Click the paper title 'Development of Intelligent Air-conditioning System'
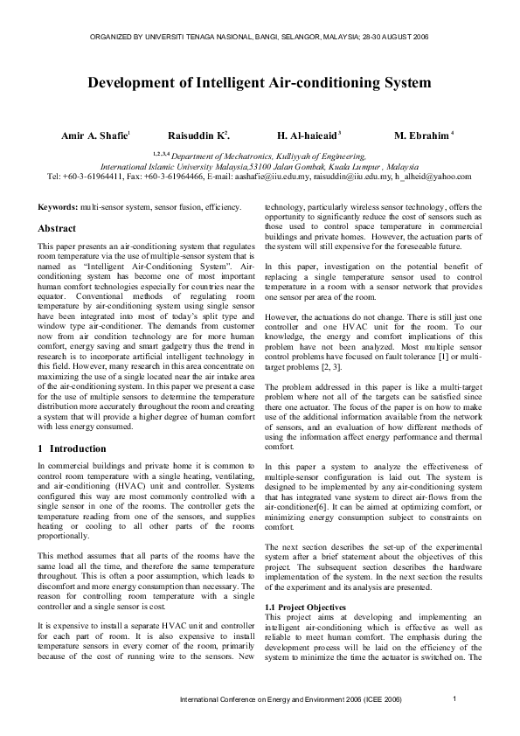click(260, 84)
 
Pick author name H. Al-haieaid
click(308, 135)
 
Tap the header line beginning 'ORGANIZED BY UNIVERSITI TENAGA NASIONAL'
click(259, 38)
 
